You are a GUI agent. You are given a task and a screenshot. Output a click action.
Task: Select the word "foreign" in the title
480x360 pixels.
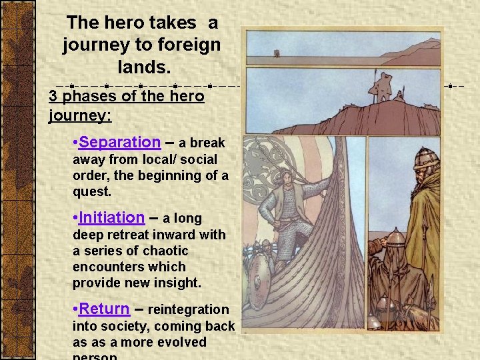(189, 45)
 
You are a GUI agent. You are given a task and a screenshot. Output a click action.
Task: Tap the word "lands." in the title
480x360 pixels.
(142, 67)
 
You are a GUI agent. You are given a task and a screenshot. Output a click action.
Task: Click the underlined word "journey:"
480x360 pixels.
(80, 115)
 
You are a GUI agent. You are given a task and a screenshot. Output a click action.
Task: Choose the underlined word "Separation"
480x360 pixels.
(119, 142)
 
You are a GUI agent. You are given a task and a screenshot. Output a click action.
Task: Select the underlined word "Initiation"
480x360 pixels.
(111, 217)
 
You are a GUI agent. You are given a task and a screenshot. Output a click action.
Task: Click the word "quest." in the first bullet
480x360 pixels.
(93, 191)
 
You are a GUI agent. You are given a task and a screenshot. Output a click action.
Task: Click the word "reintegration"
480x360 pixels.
(188, 309)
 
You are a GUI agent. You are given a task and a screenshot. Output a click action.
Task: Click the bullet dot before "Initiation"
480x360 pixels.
(75, 218)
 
